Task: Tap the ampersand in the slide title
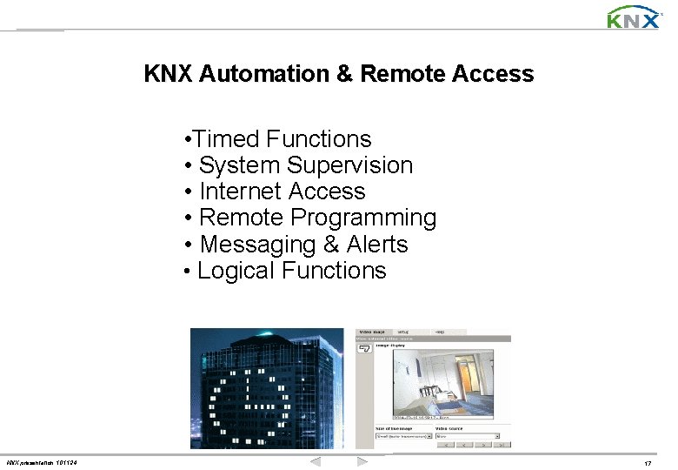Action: (x=343, y=74)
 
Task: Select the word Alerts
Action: (x=377, y=245)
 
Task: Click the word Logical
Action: (x=236, y=271)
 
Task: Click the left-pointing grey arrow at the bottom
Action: (x=316, y=460)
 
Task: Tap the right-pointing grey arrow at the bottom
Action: (x=362, y=460)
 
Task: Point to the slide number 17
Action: (x=648, y=463)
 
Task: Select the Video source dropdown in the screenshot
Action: (x=467, y=436)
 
